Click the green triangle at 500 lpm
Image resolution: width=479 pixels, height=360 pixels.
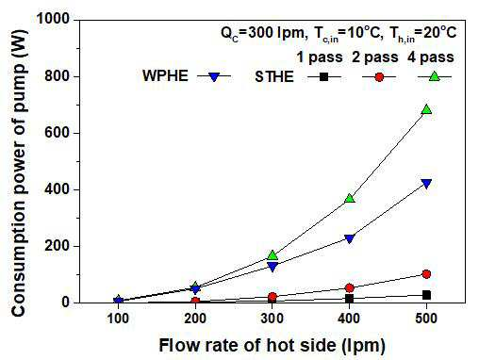coord(426,109)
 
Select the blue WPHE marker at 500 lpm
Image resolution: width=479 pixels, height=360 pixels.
coord(426,184)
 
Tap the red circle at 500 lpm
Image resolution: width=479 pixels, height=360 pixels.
coord(426,274)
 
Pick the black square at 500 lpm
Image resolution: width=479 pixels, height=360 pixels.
coord(426,295)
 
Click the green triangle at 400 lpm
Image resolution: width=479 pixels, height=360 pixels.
coord(350,199)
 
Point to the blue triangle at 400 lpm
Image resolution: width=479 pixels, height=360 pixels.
coord(350,238)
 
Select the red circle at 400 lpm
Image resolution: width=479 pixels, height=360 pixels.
coord(350,288)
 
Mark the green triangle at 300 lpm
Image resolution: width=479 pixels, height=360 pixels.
coord(273,255)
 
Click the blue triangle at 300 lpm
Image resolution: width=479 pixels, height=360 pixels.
coord(273,267)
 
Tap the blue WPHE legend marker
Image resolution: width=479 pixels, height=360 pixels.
coord(214,76)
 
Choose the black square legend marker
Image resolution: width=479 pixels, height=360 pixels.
coord(323,76)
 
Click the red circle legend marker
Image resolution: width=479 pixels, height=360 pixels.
coord(379,77)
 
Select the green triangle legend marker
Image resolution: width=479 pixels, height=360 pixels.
coord(435,76)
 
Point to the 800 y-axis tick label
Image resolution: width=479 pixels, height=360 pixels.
coord(57,76)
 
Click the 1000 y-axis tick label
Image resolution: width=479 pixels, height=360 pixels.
coord(53,19)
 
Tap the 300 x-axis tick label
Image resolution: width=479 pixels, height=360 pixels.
coord(273,319)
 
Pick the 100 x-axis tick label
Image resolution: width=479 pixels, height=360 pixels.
coord(118,319)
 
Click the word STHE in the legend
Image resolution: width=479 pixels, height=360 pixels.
coord(274,77)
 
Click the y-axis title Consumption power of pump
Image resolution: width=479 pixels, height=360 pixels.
coord(19,173)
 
